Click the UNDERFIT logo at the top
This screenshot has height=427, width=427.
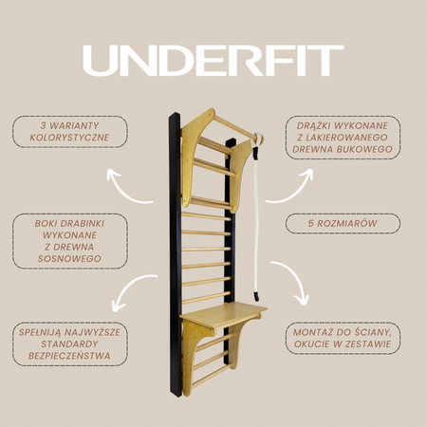(213, 61)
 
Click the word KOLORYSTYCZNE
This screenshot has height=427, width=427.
(69, 138)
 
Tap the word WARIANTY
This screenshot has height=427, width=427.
(75, 125)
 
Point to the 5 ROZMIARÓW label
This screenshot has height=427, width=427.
(343, 223)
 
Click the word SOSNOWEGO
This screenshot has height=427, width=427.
(69, 259)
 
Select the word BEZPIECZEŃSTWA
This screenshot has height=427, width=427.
(69, 356)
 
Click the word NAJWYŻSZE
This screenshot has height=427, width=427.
(93, 332)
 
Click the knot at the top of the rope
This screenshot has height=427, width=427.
(258, 139)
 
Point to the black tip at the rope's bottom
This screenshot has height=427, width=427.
(256, 296)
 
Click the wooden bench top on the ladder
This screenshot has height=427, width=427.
(224, 314)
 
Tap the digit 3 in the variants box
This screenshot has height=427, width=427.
(43, 125)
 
